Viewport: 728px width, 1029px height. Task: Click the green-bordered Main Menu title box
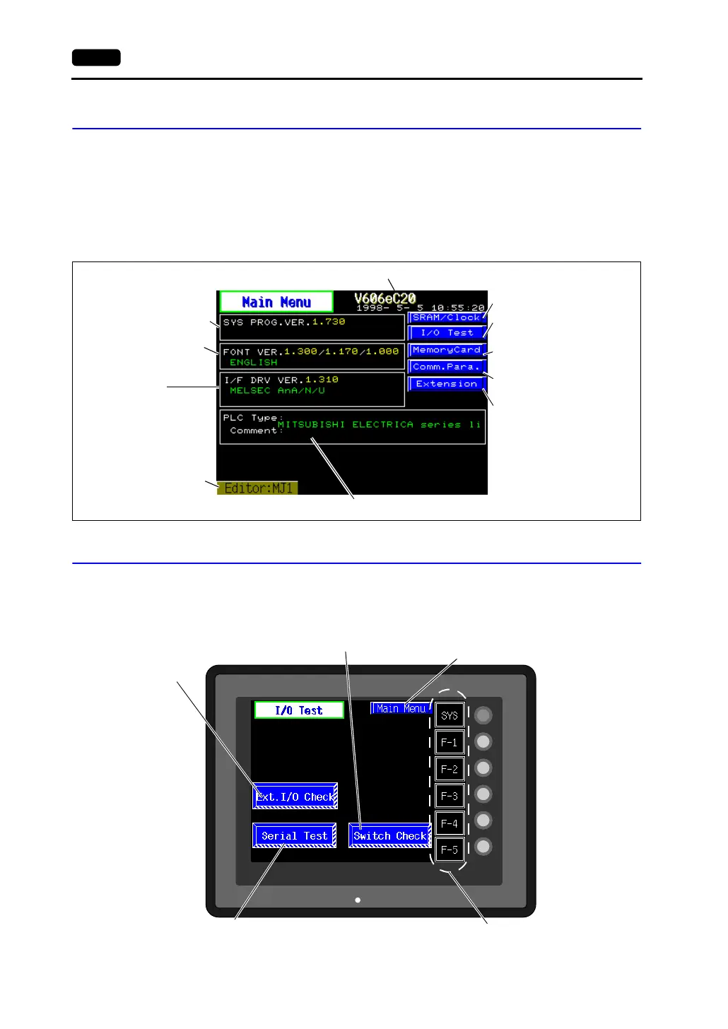[x=276, y=302]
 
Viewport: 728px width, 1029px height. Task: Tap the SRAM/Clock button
[x=447, y=318]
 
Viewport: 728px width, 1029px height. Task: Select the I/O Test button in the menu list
[x=447, y=333]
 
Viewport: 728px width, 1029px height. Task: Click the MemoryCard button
[x=447, y=350]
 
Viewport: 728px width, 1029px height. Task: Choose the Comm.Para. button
[x=447, y=367]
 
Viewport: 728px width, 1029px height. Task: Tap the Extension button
[x=447, y=384]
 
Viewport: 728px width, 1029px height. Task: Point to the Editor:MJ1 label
[x=258, y=488]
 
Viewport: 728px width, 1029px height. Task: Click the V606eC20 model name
[x=385, y=298]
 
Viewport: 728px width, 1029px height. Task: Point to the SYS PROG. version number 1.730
[x=329, y=322]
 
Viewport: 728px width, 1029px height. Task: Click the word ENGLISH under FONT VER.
[x=254, y=363]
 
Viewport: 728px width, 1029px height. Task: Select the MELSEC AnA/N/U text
[x=277, y=390]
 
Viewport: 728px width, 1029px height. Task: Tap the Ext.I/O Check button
[x=295, y=796]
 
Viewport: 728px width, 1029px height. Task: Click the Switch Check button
[x=389, y=836]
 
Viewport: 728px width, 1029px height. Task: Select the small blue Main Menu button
[x=401, y=708]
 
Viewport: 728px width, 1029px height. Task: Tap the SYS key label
[x=450, y=715]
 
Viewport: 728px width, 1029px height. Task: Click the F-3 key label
[x=450, y=796]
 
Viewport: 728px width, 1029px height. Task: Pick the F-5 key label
[x=450, y=849]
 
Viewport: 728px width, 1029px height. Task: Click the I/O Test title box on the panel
[x=299, y=710]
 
